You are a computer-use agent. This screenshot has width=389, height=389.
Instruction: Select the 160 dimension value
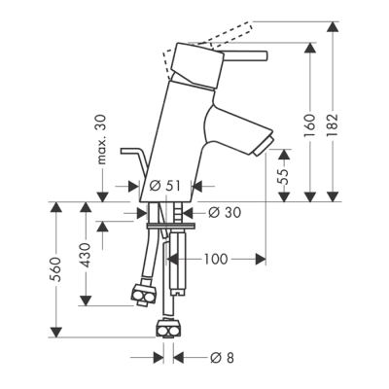pos(310,125)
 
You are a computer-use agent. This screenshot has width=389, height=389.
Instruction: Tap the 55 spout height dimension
pos(284,176)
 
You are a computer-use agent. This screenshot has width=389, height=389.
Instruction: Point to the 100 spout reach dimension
pos(216,259)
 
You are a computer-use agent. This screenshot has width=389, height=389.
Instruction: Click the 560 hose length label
pos(56,269)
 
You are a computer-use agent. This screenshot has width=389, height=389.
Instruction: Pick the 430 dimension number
pos(86,255)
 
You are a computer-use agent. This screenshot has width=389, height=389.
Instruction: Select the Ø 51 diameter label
pos(165,186)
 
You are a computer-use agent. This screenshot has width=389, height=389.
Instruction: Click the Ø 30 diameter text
pos(225,213)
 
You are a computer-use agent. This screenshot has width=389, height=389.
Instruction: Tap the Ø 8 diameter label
pos(222,358)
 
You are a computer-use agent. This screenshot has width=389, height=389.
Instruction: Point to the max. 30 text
pos(102,139)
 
